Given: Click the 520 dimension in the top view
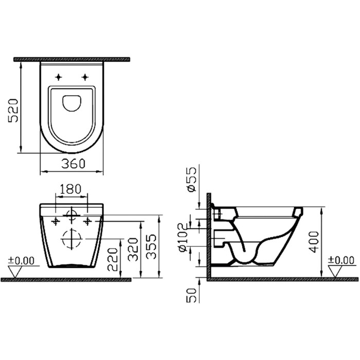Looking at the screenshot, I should tap(13, 110).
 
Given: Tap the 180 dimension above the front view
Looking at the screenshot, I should tap(71, 189).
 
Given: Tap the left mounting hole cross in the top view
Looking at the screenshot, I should tap(58, 77).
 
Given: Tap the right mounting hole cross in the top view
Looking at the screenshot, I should tap(85, 77).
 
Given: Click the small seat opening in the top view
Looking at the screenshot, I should tap(71, 103).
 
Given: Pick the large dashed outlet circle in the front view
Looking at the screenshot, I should tap(71, 239).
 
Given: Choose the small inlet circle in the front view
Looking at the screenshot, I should tap(72, 214).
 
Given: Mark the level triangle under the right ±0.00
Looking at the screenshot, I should tap(339, 272).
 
